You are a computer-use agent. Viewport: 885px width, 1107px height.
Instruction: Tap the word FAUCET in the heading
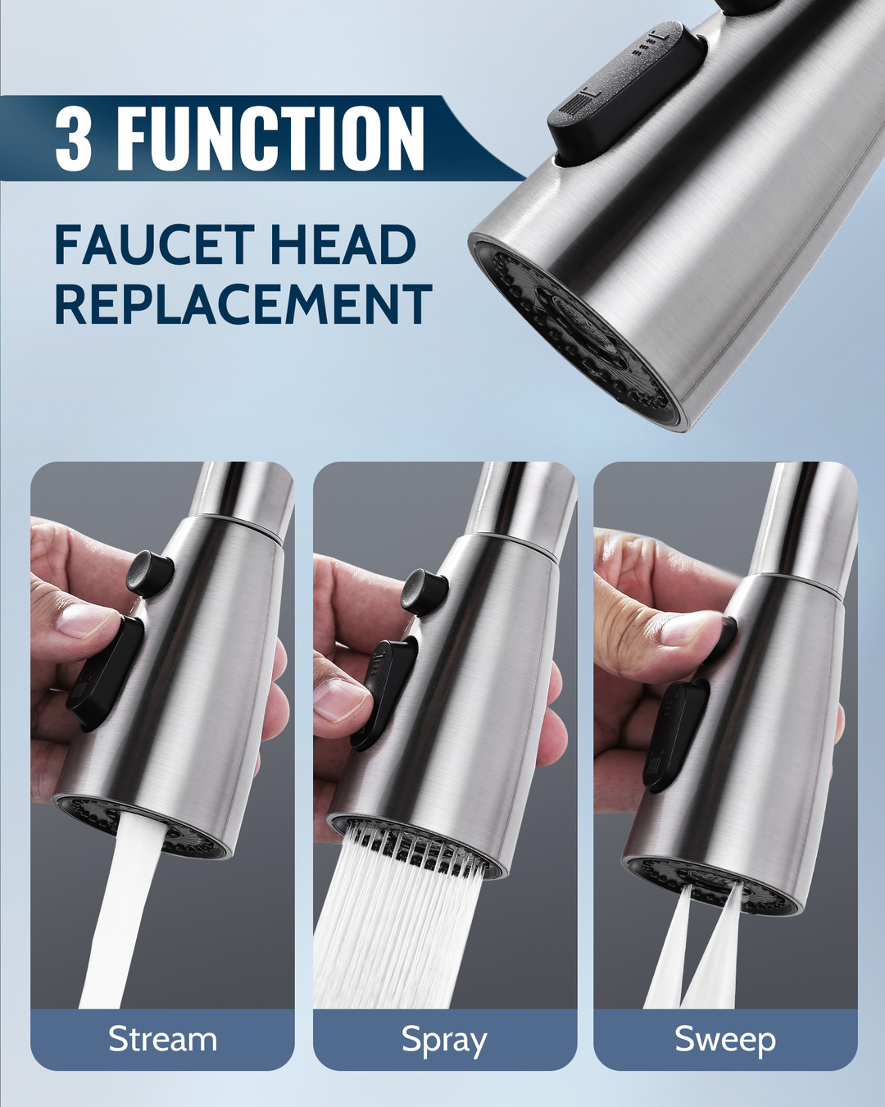[155, 244]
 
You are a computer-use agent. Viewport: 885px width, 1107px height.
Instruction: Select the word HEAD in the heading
[343, 244]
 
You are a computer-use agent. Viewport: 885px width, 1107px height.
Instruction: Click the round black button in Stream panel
[150, 573]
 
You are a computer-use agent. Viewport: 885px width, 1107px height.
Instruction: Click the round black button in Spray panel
[424, 592]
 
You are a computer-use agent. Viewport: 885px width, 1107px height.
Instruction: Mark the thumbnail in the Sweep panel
[691, 629]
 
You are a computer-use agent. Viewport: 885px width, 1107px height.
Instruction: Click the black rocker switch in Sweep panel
[676, 736]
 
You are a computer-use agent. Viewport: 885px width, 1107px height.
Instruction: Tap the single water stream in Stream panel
[124, 910]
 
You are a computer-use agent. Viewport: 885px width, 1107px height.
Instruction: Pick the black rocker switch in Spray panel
[384, 694]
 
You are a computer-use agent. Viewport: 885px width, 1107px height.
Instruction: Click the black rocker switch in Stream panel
[105, 674]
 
